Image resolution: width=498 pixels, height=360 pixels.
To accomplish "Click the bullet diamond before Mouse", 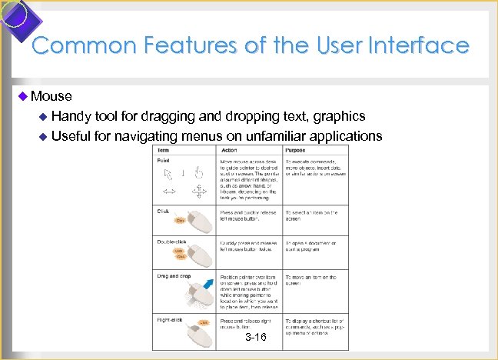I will click(x=22, y=96).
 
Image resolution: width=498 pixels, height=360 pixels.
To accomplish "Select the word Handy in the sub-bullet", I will click(x=71, y=116).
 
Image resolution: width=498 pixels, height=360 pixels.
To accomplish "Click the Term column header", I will click(x=164, y=150).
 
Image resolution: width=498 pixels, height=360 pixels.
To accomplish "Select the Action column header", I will click(x=229, y=150).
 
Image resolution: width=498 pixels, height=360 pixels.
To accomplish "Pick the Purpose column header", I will click(x=294, y=150).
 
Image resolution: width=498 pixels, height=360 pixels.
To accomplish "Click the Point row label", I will click(x=164, y=160).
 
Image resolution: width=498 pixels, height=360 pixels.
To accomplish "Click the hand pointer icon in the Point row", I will click(x=198, y=172).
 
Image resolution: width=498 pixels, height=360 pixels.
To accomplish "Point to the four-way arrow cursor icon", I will click(x=198, y=191).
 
